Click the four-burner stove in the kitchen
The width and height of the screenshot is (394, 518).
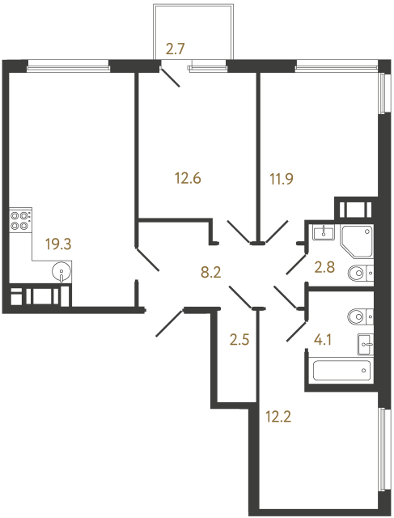point(21,221)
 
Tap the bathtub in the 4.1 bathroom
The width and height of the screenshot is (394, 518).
point(340,371)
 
